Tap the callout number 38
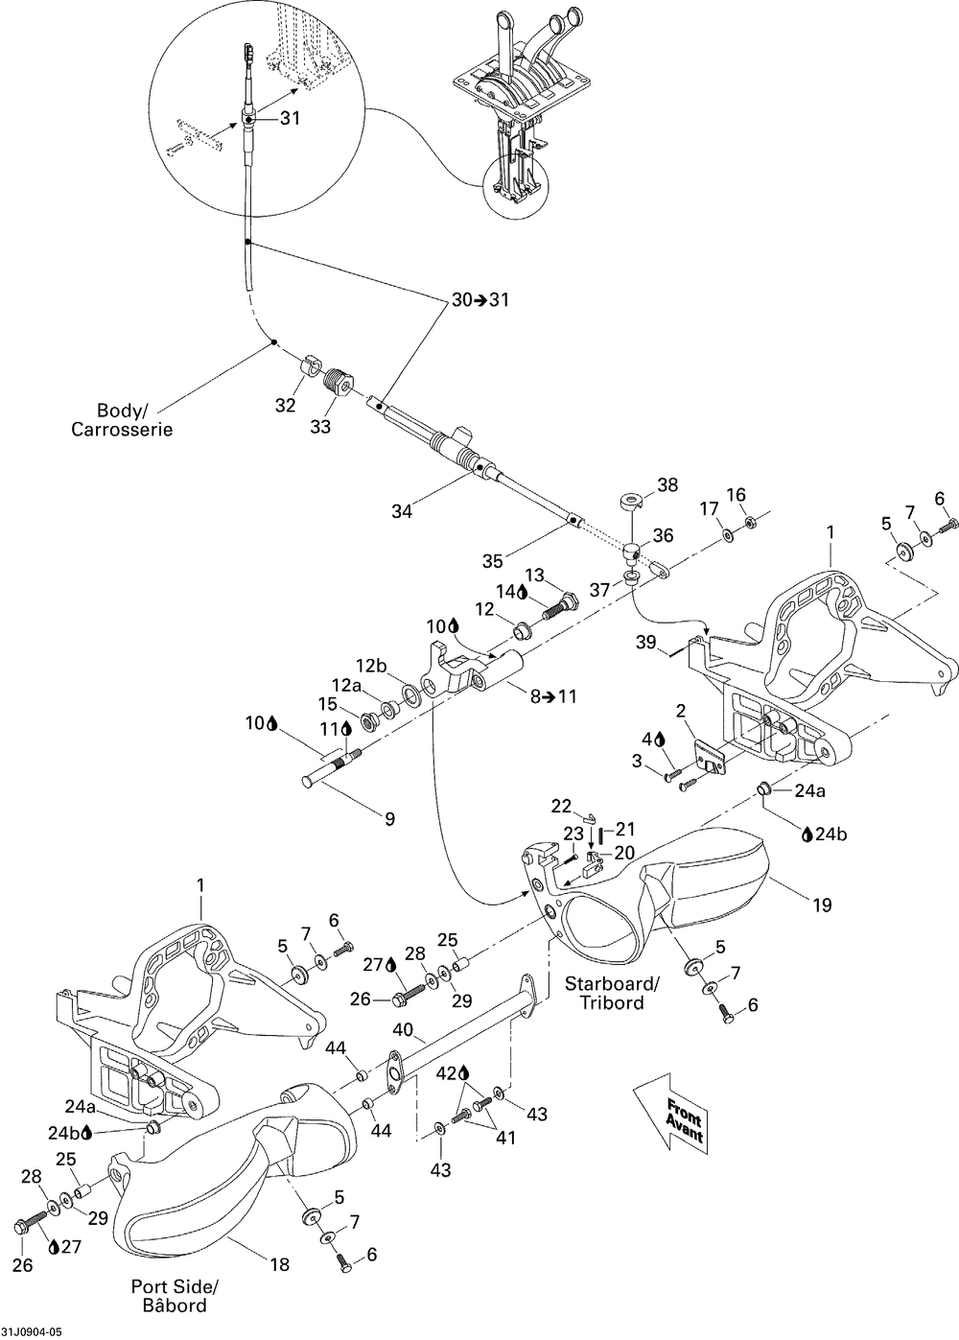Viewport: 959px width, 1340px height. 667,484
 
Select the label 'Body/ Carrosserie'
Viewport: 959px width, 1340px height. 122,420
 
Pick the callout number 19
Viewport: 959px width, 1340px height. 823,905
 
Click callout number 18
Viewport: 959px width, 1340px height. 279,1264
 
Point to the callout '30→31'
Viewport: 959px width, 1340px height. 479,299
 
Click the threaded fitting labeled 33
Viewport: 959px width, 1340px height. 339,380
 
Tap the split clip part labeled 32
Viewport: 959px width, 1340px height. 310,364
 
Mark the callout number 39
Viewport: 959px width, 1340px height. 646,643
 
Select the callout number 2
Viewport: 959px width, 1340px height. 680,712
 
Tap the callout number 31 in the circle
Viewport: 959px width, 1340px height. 290,118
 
